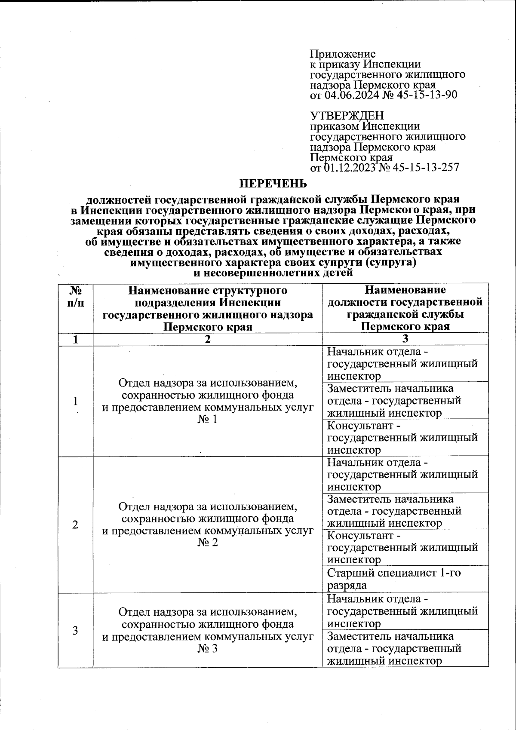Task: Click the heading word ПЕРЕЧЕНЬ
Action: (x=273, y=184)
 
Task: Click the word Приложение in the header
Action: (x=343, y=54)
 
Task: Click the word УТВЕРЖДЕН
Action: (x=347, y=116)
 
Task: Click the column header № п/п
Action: (x=76, y=296)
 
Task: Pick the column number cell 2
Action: (x=208, y=339)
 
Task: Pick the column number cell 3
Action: (x=405, y=339)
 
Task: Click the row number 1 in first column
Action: (x=76, y=401)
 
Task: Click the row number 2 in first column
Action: (x=76, y=524)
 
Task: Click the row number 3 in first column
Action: (x=76, y=631)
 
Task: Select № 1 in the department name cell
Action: (x=208, y=419)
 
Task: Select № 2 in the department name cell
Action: (x=208, y=543)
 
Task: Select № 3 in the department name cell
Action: (x=208, y=648)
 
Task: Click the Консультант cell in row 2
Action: (x=402, y=548)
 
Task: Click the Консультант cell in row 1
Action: (x=402, y=438)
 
